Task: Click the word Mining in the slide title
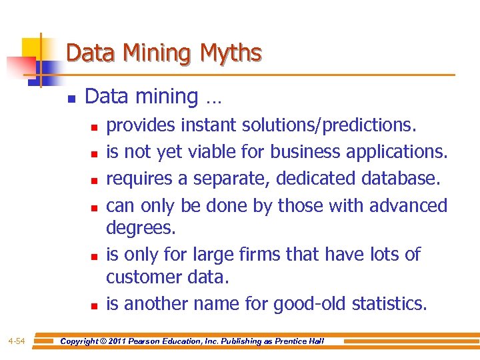click(150, 53)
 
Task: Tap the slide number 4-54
click(17, 342)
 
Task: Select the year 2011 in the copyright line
click(124, 341)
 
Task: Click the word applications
click(397, 151)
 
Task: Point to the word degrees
click(141, 228)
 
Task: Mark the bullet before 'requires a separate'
click(95, 180)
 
